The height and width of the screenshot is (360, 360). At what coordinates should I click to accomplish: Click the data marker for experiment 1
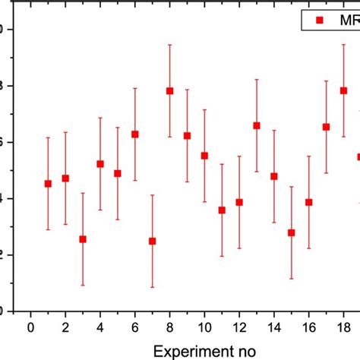[x=48, y=183]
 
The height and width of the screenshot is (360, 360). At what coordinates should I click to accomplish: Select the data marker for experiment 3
[x=83, y=238]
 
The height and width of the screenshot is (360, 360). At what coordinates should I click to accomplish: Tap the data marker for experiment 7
[x=152, y=241]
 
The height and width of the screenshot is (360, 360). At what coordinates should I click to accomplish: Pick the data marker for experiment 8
[x=169, y=91]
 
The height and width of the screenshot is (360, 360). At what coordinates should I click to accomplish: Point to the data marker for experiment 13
[x=257, y=125]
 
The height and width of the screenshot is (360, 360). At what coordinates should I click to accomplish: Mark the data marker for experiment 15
[x=291, y=232]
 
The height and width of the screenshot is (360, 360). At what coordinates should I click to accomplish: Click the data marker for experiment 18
[x=343, y=90]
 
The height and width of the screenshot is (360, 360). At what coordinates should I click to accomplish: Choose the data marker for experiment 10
[x=204, y=156]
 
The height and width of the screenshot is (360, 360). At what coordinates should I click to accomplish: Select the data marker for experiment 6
[x=135, y=134]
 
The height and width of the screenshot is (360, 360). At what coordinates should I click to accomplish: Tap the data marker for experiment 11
[x=222, y=210]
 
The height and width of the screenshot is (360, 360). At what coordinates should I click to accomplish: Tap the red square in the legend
[x=320, y=19]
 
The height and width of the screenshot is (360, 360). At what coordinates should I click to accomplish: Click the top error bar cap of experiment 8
[x=169, y=45]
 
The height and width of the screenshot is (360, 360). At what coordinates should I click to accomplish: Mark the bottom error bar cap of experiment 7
[x=152, y=287]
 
